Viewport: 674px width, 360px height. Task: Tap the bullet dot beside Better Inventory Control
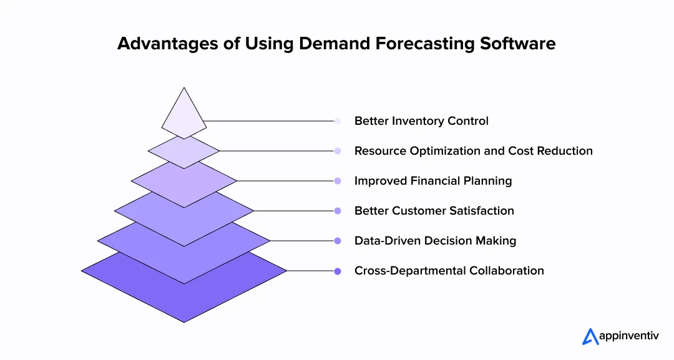point(338,121)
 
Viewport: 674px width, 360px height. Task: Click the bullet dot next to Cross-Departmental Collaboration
point(338,271)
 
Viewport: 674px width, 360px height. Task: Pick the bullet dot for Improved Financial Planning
point(338,181)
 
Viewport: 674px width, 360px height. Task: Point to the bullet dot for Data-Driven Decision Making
point(338,241)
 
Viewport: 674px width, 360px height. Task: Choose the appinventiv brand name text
point(631,338)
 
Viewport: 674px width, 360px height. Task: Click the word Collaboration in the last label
point(507,271)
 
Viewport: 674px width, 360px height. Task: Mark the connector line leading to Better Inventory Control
point(268,121)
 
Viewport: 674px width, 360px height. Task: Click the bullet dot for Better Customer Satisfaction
point(338,211)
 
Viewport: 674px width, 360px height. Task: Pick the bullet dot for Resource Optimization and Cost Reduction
point(338,151)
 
